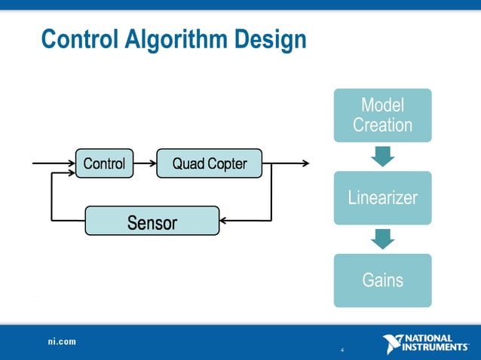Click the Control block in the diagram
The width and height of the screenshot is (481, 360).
click(x=104, y=163)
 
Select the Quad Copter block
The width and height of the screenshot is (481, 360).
click(x=209, y=163)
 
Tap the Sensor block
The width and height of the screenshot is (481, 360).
click(x=152, y=222)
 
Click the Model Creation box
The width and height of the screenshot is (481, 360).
click(x=382, y=115)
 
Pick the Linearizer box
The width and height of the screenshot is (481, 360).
click(x=382, y=198)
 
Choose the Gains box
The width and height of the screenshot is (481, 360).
click(x=382, y=280)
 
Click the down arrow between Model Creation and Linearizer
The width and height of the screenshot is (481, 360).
click(x=382, y=157)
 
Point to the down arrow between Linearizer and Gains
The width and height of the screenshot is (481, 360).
click(x=382, y=239)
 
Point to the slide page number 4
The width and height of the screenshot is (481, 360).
click(x=342, y=351)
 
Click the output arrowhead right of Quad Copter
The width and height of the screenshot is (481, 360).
click(x=304, y=163)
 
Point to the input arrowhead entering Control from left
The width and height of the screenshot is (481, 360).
click(x=71, y=163)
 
